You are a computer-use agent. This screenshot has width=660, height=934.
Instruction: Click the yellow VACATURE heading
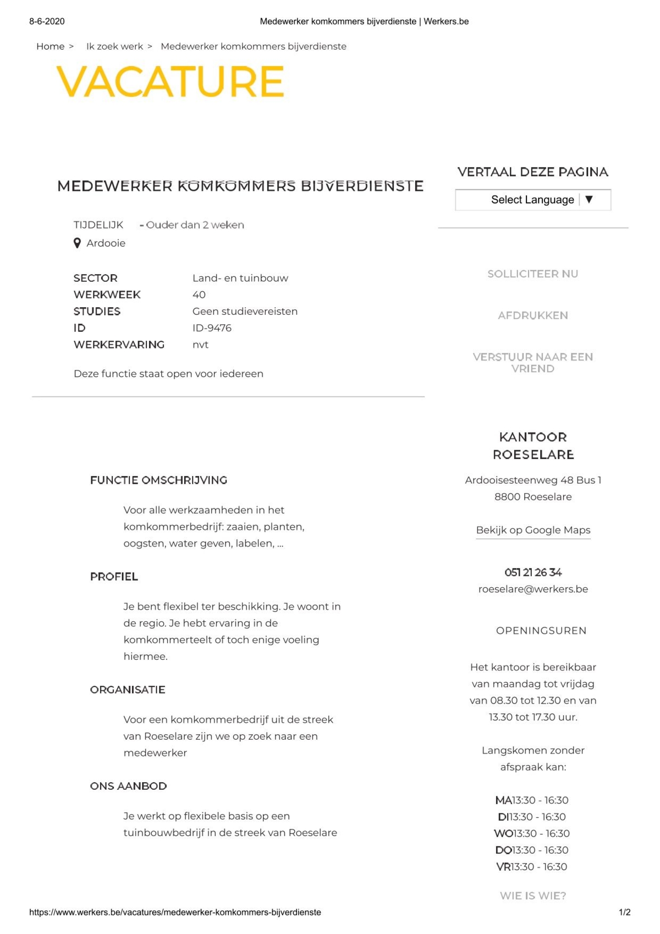click(x=170, y=81)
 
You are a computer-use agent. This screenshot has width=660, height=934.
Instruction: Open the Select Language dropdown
click(x=532, y=200)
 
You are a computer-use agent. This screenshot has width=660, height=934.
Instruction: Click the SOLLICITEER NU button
click(x=532, y=274)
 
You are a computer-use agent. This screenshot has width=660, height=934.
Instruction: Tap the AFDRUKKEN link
click(x=532, y=315)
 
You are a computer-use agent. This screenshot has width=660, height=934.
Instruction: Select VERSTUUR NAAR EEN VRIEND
click(x=532, y=363)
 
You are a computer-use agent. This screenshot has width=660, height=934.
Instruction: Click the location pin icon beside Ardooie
click(x=78, y=243)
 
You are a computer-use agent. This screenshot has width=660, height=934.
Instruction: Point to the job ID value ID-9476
click(x=212, y=328)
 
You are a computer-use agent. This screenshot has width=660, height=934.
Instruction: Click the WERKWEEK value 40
click(x=199, y=295)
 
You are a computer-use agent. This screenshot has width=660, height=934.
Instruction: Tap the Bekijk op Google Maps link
click(x=533, y=530)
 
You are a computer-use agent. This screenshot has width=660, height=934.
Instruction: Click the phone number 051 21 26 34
click(x=533, y=572)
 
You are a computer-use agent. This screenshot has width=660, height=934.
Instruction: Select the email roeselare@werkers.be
click(x=533, y=589)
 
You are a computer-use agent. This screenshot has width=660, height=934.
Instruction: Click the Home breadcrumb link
click(x=50, y=47)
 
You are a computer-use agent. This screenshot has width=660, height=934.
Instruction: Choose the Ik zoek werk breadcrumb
click(x=114, y=47)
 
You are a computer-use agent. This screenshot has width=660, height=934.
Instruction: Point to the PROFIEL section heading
click(x=114, y=577)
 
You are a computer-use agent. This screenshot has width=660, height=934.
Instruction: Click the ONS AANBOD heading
click(x=128, y=786)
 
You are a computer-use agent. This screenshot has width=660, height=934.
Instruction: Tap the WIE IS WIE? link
click(x=532, y=895)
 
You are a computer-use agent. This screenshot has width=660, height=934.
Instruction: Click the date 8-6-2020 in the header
click(x=47, y=21)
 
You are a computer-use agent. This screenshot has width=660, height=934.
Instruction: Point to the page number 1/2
click(x=624, y=913)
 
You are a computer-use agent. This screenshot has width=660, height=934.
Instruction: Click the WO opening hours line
click(x=532, y=833)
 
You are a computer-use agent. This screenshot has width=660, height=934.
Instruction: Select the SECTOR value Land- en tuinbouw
click(x=240, y=278)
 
